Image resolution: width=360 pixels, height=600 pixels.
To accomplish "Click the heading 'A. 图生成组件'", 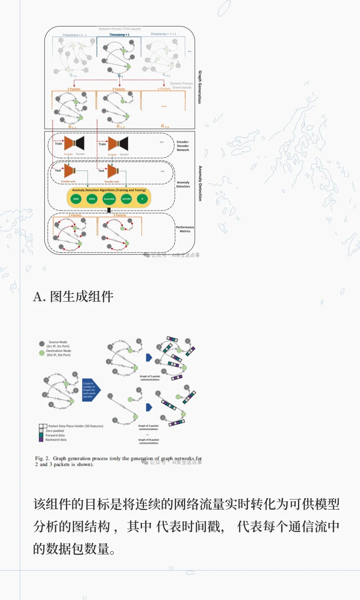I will [x=73, y=297].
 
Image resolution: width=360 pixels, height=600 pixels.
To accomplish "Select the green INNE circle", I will [x=76, y=199].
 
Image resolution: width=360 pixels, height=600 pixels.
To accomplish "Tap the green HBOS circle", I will [x=92, y=199].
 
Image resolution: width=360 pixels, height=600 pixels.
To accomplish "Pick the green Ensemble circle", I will [x=109, y=199].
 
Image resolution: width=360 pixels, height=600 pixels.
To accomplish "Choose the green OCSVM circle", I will [x=126, y=199].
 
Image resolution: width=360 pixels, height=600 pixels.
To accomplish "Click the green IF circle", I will [x=142, y=199].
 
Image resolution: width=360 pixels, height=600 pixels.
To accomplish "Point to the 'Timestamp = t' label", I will [x=119, y=35].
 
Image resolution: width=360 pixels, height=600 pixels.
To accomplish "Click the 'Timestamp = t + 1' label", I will [x=163, y=34].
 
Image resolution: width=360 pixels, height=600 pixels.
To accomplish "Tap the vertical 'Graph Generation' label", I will [x=200, y=87].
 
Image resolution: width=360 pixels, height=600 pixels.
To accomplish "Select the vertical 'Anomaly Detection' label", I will [x=200, y=183].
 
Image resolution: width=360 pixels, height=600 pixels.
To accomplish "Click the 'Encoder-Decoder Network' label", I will [x=183, y=146].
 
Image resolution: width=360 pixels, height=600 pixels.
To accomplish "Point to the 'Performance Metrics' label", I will [x=185, y=229].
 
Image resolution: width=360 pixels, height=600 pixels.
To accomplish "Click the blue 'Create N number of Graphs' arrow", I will [x=91, y=390].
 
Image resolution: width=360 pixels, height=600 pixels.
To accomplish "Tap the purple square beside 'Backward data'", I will [x=41, y=440].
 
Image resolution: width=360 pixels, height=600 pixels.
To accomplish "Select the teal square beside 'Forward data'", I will [x=41, y=435].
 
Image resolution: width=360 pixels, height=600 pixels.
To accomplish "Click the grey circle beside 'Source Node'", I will [x=42, y=344].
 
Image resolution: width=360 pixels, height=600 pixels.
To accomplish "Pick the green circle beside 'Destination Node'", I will [x=42, y=353].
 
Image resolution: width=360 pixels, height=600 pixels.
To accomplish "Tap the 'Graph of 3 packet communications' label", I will [x=148, y=428].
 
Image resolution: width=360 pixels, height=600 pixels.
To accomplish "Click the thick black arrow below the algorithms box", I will [x=109, y=210].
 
